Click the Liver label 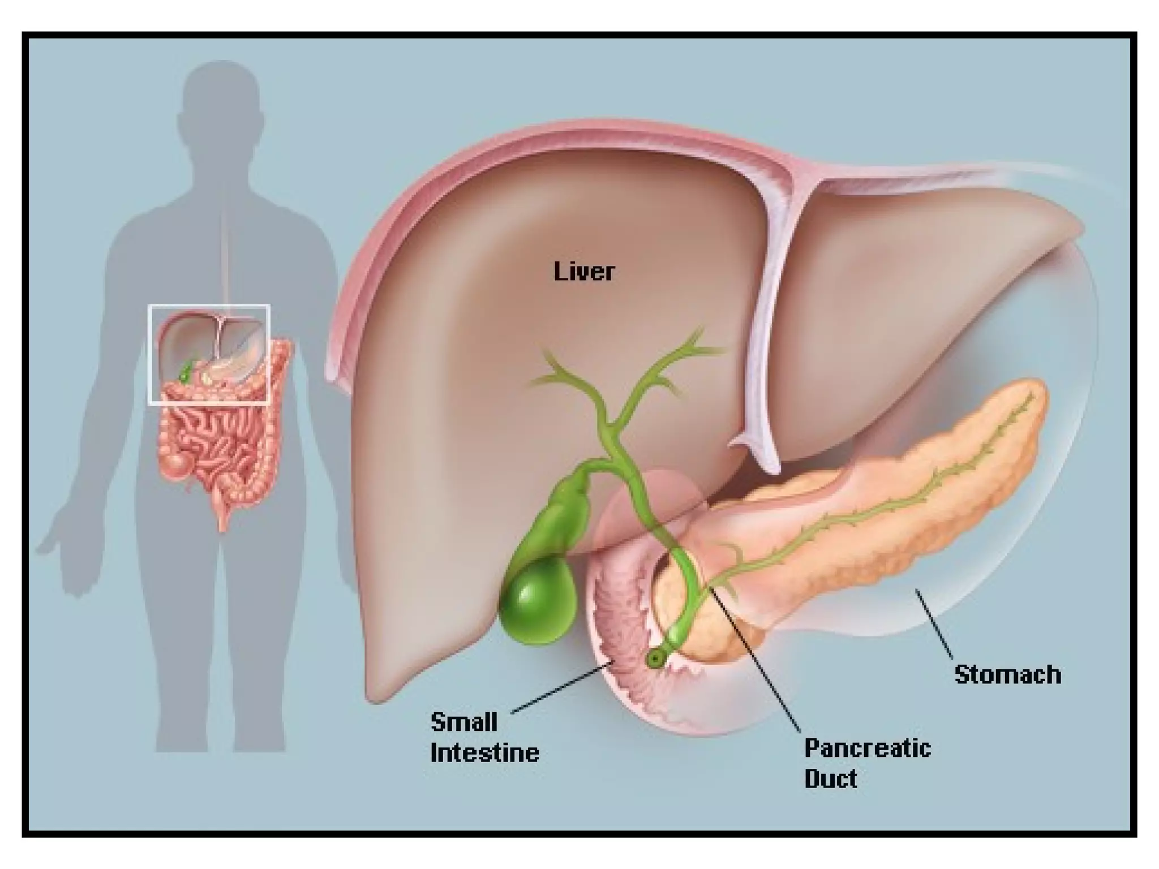tap(584, 272)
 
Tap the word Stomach tap(1007, 675)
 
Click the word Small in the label tap(464, 722)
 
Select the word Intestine tap(485, 753)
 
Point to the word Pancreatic tap(868, 748)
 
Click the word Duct tap(831, 779)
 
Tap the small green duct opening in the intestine tap(655, 658)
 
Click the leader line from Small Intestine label tap(560, 687)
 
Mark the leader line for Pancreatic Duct tap(756, 668)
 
